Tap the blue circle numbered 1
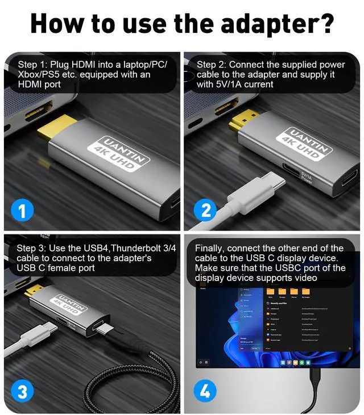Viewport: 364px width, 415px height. click(22, 211)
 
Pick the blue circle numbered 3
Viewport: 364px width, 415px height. click(22, 392)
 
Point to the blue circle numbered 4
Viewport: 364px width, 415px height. click(205, 392)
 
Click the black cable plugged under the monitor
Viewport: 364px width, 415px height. click(314, 386)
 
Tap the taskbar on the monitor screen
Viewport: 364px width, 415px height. click(279, 362)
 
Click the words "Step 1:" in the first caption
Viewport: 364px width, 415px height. click(32, 64)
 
